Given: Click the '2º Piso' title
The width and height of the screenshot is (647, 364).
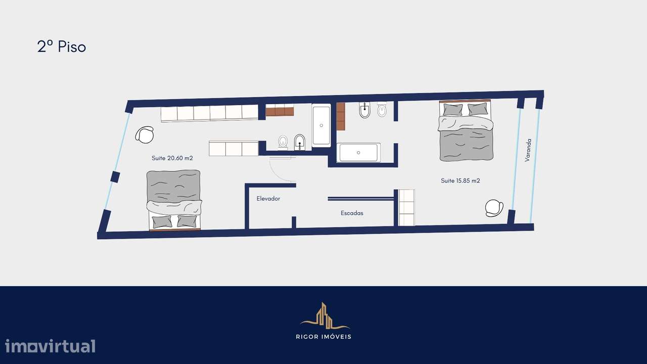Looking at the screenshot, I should tap(62, 47).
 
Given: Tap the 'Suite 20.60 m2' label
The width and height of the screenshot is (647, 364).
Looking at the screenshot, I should tap(172, 158).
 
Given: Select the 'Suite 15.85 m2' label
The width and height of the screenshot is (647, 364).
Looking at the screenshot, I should tap(460, 180).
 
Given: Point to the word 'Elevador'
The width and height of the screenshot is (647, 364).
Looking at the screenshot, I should tap(268, 199).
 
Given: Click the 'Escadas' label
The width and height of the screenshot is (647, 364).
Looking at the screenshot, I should tap(352, 213).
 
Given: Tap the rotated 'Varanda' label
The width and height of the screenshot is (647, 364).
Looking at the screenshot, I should tap(528, 150).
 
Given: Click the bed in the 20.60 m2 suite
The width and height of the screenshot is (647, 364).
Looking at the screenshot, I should tap(174, 199).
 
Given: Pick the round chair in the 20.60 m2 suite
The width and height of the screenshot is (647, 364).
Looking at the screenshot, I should tap(145, 134).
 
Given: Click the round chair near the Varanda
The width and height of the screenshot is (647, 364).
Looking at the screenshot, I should tap(494, 208).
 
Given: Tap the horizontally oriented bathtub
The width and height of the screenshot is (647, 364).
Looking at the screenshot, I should tap(358, 152).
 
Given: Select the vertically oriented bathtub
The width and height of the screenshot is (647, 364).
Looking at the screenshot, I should tap(321, 125).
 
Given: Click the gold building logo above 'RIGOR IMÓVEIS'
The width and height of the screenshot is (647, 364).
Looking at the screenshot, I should tap(323, 316).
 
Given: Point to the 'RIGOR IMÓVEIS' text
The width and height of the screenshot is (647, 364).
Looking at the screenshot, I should tap(323, 337).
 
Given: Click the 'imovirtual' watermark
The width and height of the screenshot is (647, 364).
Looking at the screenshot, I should tap(50, 346).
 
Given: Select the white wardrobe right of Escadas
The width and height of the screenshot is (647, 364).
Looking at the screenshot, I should tap(406, 207).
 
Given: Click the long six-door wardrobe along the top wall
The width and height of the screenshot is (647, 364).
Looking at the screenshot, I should tap(209, 113).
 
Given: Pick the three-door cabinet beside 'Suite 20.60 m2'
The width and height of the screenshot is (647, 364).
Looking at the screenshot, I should tap(234, 148).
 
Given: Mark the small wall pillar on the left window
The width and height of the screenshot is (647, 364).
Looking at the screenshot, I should tap(115, 177).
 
